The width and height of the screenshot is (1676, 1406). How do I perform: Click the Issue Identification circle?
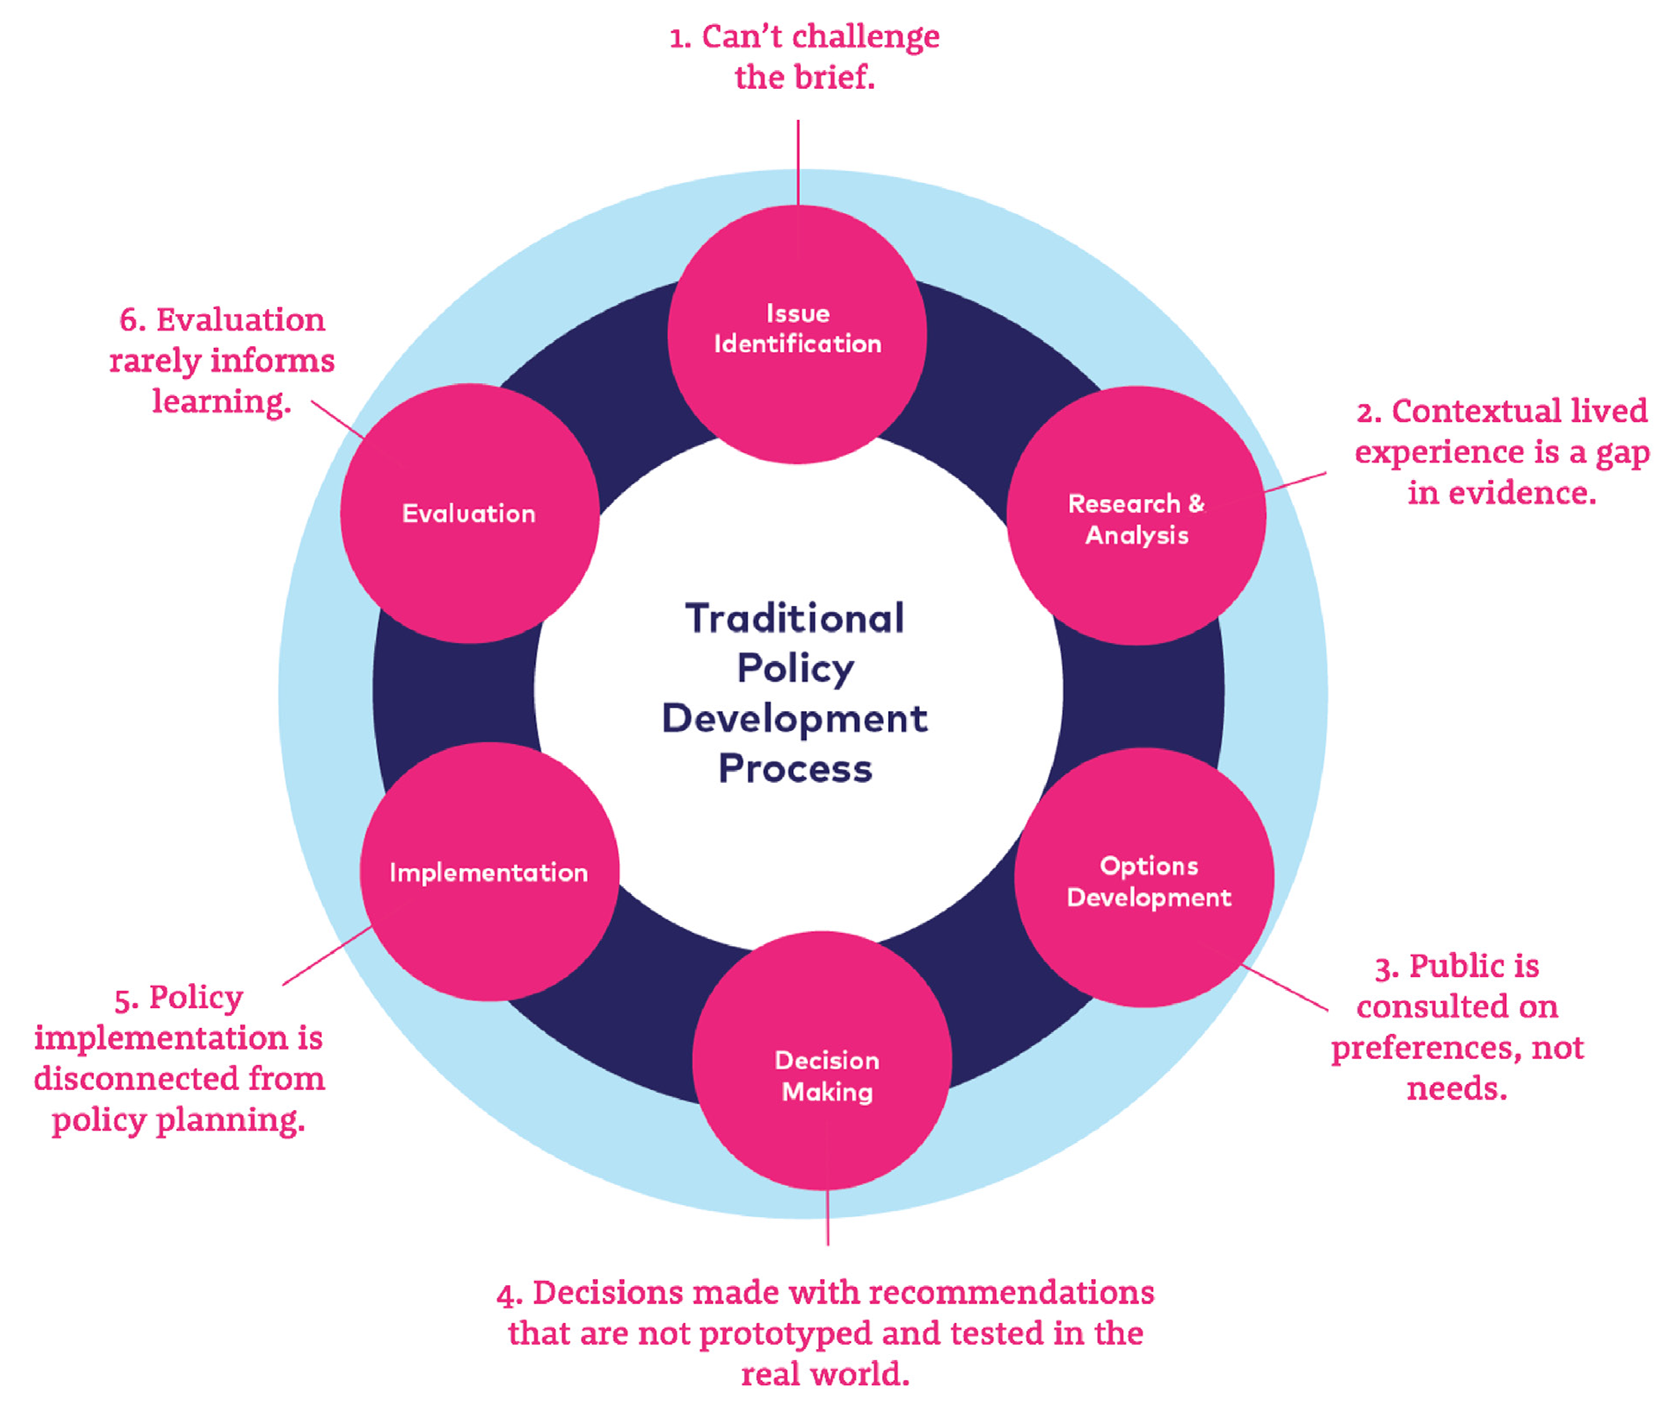point(797,334)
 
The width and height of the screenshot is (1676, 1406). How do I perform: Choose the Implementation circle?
point(489,872)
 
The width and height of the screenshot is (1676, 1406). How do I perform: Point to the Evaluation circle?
point(469,514)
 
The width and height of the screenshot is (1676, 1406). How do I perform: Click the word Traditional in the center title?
point(795,618)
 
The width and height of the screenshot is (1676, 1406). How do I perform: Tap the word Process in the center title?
point(795,768)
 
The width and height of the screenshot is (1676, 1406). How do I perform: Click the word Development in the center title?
point(795,718)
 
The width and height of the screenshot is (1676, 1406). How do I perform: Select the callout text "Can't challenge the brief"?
point(805,57)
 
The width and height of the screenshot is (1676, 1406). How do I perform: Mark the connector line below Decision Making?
point(828,1217)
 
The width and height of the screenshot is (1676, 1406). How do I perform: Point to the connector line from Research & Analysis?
point(1295,482)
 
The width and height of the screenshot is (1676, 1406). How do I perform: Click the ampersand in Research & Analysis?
point(1195,503)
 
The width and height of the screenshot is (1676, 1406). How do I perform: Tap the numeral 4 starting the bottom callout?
point(509,1295)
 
